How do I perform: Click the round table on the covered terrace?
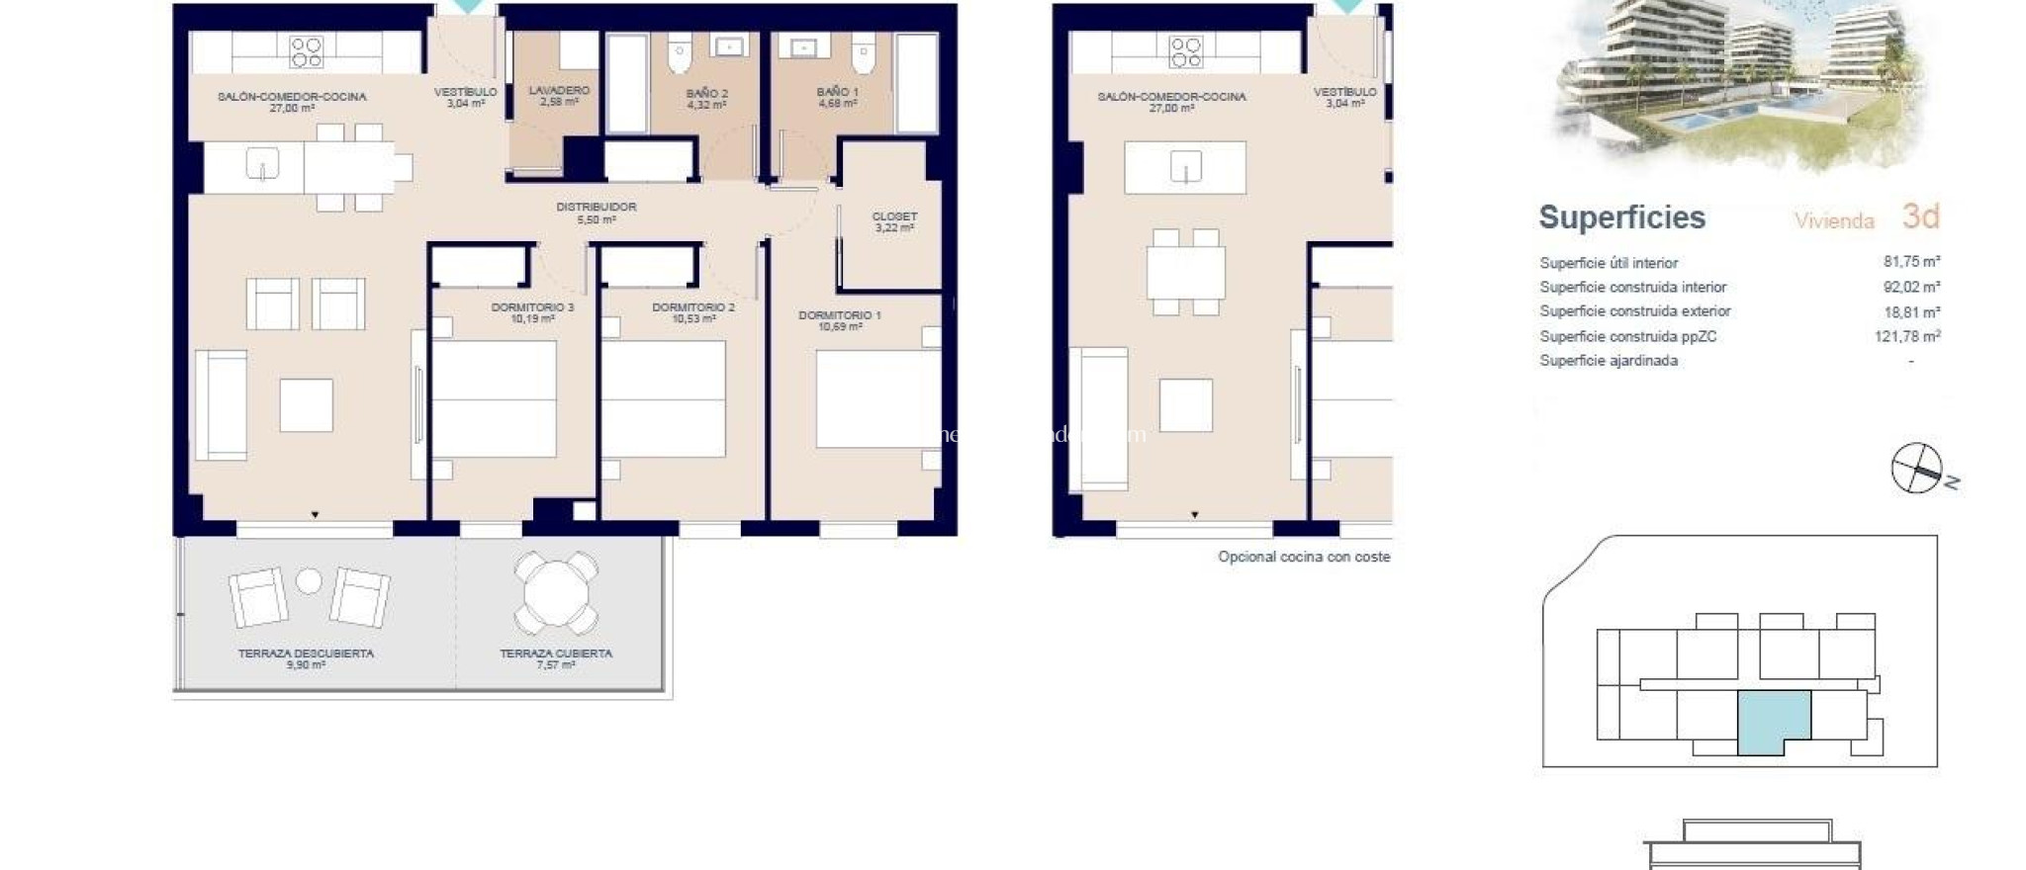(555, 592)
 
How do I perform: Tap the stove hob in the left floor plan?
(306, 51)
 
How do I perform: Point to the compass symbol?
(1917, 469)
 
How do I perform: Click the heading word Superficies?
(1621, 217)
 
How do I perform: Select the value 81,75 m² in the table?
(1911, 262)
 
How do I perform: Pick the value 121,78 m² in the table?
(1907, 336)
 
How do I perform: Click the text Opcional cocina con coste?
(1303, 557)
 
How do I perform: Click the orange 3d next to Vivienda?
(1920, 217)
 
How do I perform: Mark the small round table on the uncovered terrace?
(309, 581)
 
